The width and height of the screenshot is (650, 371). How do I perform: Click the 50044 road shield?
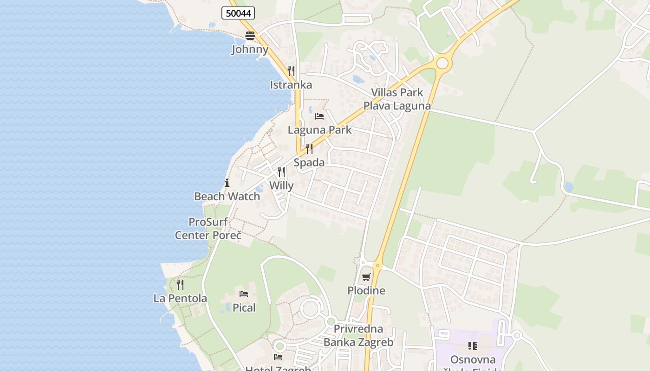click(238, 13)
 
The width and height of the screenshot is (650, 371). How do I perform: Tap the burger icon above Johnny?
click(250, 36)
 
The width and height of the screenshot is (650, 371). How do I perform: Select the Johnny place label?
click(250, 49)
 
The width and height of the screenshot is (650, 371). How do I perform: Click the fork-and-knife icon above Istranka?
click(291, 71)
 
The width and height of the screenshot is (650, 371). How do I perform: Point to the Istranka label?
click(291, 85)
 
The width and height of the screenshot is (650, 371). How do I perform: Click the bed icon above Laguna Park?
click(319, 116)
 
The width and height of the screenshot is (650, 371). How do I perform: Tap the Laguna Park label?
click(320, 130)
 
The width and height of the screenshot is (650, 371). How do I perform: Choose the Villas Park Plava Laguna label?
click(397, 99)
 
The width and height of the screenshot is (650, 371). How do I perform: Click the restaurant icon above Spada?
click(309, 149)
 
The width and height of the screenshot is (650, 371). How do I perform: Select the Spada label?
click(309, 162)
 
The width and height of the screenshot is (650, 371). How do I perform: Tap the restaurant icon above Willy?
click(281, 172)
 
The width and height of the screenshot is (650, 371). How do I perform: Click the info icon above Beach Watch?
click(227, 183)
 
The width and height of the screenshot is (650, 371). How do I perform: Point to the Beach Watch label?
click(227, 196)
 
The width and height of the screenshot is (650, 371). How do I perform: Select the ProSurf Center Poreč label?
click(208, 229)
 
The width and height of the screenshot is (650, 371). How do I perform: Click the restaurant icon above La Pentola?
click(180, 285)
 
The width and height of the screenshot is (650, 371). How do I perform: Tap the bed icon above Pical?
click(244, 294)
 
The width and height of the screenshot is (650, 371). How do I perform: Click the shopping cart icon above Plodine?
click(366, 277)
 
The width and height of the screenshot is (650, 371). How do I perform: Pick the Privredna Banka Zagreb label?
click(358, 336)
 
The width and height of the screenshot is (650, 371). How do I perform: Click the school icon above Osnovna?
click(473, 345)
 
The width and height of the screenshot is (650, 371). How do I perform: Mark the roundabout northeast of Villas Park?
click(442, 63)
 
